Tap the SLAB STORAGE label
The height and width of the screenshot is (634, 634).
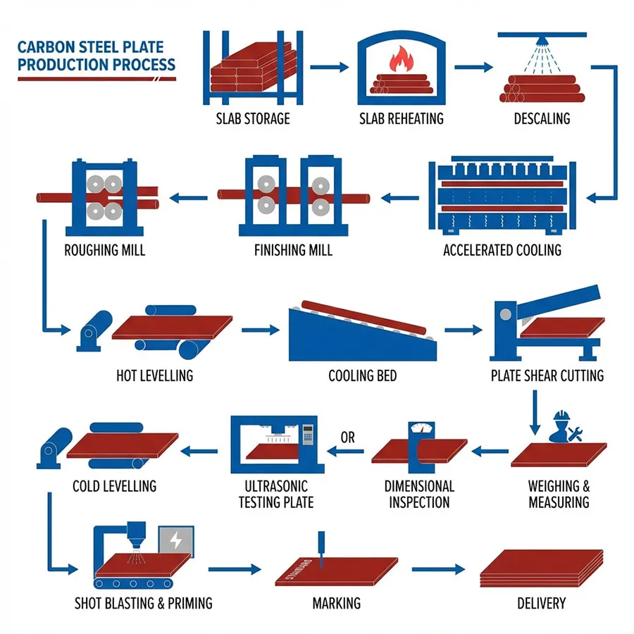point(253,118)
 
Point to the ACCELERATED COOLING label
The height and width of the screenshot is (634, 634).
point(502,250)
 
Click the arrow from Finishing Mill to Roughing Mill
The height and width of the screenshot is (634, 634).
point(191,197)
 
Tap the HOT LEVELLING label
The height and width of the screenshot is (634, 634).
point(154,375)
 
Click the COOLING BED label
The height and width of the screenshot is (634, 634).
point(362,375)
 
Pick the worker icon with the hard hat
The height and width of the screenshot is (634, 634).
point(561,426)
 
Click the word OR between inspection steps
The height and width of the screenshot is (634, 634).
point(348,437)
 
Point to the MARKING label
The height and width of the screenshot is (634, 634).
point(336,603)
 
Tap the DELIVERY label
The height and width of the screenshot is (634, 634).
point(540,603)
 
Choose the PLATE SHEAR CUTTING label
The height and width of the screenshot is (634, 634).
point(547,375)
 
